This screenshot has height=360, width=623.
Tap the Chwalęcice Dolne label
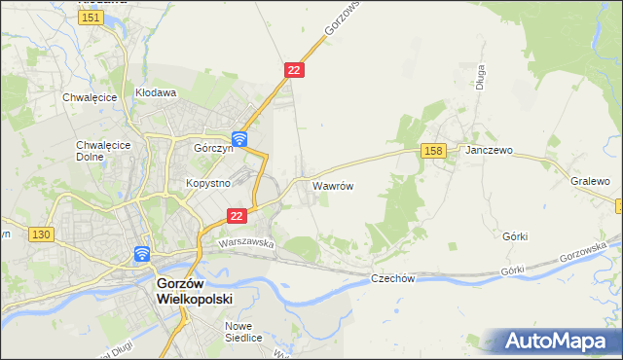coord(96,151)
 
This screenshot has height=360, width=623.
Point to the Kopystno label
coord(206,183)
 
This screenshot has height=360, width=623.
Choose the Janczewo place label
coord(489,152)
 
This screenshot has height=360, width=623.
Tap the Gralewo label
coord(590,182)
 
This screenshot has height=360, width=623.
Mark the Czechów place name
coord(393,278)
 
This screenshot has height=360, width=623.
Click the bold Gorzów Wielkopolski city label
coord(195,291)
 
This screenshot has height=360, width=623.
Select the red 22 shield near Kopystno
coord(237,216)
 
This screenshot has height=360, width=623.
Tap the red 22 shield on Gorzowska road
coord(295,70)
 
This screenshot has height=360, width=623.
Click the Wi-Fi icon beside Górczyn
coord(238,140)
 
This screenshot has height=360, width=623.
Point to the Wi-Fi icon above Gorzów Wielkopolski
coord(142,255)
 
